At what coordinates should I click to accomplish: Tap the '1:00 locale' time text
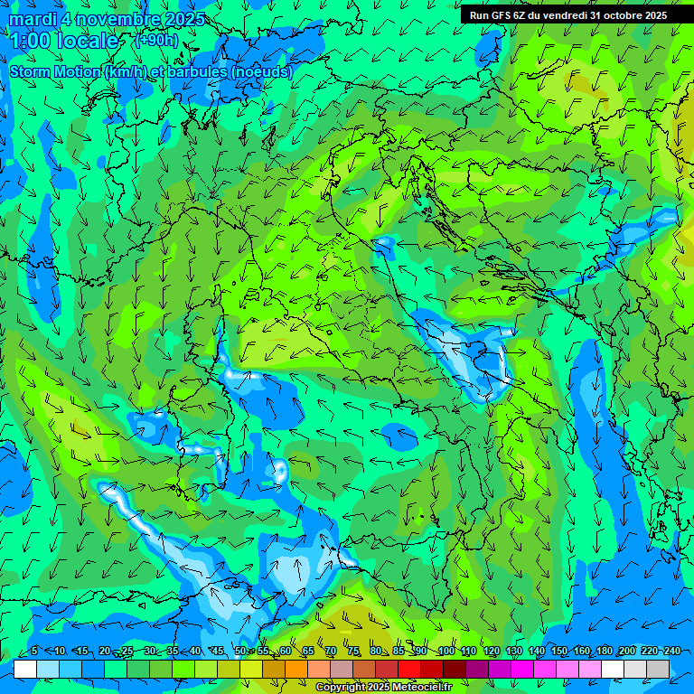point(64,41)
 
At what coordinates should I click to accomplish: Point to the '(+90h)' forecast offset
point(156,41)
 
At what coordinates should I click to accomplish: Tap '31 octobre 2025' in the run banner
point(628,15)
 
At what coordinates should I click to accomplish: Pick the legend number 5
point(34,652)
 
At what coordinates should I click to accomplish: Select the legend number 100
point(445,652)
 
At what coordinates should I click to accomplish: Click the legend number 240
point(672,652)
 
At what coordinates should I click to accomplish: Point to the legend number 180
point(605,652)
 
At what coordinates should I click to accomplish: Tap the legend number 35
point(173,652)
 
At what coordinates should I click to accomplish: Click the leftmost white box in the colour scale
point(25,669)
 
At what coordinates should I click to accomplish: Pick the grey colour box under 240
point(658,669)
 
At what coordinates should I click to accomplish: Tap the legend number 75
point(353,652)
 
